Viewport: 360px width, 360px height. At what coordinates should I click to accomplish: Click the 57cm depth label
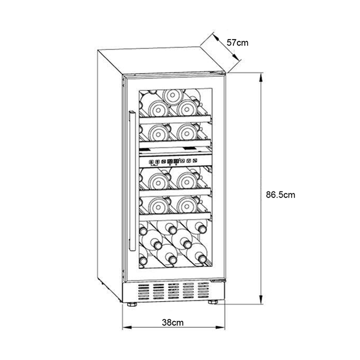238,43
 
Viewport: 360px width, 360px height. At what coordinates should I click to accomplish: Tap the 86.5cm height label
280,195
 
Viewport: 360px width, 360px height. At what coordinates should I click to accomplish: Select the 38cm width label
173,323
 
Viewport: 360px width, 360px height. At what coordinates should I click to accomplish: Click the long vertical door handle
132,181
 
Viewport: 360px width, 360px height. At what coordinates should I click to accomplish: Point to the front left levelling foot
132,304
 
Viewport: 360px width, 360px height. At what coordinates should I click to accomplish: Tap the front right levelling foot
213,302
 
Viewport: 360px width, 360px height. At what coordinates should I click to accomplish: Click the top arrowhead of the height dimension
261,77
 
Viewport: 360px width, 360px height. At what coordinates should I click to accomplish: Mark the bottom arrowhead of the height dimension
261,299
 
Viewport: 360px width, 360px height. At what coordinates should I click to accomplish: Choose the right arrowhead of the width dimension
220,328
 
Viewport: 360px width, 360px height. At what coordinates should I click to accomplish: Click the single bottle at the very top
173,97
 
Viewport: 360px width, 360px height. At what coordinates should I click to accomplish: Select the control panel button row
173,161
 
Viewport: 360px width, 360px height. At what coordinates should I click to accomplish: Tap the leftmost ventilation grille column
144,292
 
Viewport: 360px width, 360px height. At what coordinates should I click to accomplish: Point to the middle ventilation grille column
173,291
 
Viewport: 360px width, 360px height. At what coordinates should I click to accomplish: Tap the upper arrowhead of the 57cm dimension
216,37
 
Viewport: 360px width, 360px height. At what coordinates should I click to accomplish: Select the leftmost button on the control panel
151,162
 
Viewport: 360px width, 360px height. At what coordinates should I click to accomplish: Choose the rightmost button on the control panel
195,161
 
